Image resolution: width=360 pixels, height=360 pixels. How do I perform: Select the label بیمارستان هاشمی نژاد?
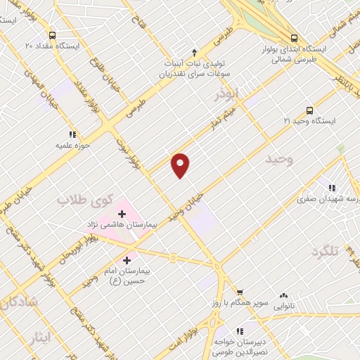[131, 226]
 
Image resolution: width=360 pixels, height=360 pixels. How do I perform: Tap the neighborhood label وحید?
[278, 160]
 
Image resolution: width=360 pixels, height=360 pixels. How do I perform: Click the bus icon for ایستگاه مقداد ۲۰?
[52, 35]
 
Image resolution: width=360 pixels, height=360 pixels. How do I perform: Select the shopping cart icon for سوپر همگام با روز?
[240, 292]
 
